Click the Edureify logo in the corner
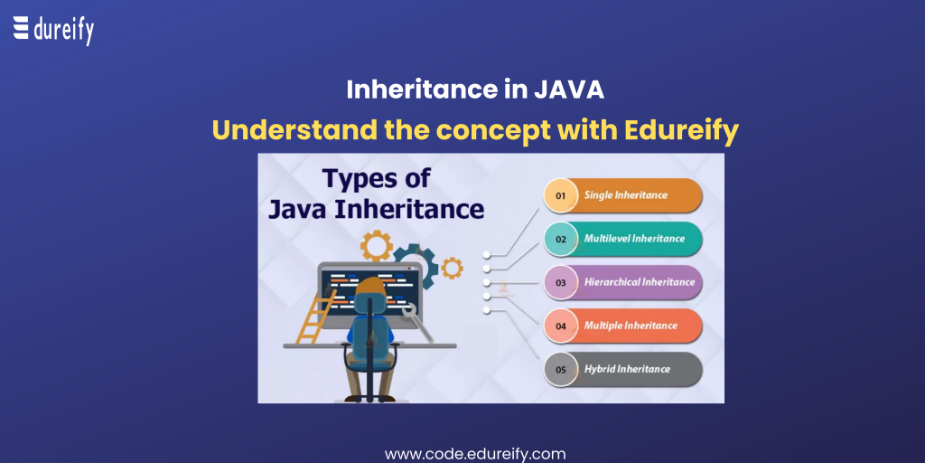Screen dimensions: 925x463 pos(53,31)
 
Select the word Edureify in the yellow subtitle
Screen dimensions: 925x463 pos(677,131)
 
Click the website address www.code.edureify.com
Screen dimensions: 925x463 pos(475,454)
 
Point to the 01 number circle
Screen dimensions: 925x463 pos(560,195)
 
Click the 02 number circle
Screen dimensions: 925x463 pos(560,239)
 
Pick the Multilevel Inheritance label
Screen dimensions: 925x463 pos(634,239)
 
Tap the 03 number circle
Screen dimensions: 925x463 pos(560,283)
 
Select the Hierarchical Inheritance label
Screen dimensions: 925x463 pos(640,282)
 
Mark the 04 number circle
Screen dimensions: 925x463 pos(560,326)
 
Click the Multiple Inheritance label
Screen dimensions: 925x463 pos(631,326)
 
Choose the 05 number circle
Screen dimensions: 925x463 pos(560,370)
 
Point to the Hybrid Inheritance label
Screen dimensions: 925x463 pos(627,369)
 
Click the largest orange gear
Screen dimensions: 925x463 pos(377,246)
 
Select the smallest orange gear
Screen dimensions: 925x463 pos(452,268)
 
